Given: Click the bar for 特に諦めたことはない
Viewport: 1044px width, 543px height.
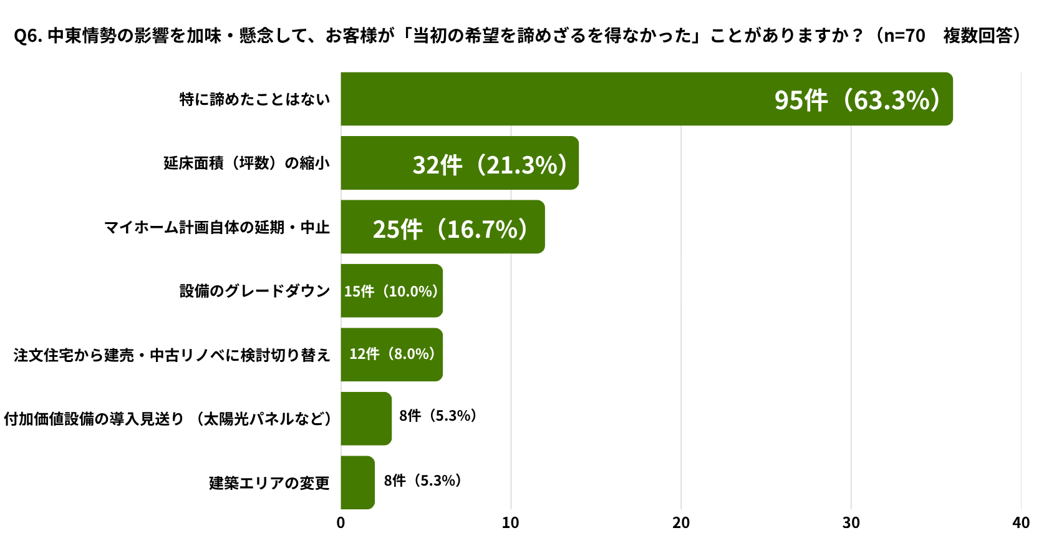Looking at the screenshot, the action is (x=647, y=99).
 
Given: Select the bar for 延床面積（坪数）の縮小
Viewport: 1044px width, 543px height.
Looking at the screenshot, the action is (x=460, y=163).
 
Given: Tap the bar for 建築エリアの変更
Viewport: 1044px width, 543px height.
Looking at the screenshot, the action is (x=357, y=482).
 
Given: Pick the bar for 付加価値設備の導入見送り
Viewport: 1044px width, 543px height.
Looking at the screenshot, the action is (x=366, y=418).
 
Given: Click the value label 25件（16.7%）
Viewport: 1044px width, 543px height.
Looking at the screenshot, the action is (x=451, y=229).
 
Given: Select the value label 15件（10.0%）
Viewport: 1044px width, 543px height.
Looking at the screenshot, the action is (x=392, y=291).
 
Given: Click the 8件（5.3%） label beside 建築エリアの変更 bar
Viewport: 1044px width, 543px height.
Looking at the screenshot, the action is (x=423, y=480).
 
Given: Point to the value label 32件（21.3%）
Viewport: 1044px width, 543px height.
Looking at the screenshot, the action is (x=491, y=165).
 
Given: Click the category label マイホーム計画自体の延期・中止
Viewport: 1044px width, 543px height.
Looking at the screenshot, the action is (x=217, y=227).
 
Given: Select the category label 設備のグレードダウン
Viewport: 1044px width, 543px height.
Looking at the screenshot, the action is (x=254, y=291).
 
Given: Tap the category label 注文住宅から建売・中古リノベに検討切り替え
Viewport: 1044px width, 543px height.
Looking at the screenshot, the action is (x=172, y=355).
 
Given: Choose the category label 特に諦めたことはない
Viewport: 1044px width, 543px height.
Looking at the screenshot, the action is (x=254, y=99).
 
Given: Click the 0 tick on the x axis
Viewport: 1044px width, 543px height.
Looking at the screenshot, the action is (x=341, y=523).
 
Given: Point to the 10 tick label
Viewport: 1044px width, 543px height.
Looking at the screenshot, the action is (x=511, y=523).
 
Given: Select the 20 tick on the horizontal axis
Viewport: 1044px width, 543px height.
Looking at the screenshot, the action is (x=681, y=523).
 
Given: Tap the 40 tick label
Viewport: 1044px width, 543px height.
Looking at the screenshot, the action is (x=1021, y=523).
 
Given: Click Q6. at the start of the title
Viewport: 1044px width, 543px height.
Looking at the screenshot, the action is (x=28, y=36).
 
